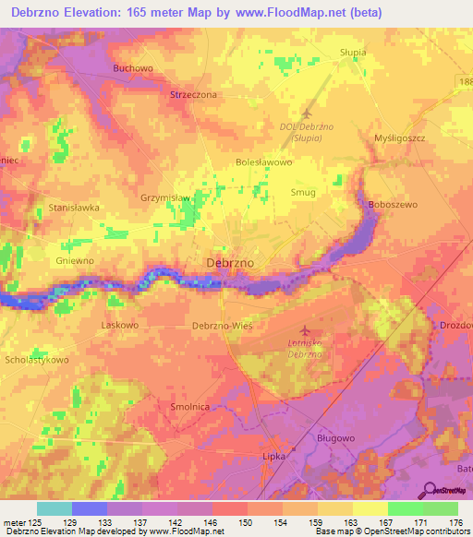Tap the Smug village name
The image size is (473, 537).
303,192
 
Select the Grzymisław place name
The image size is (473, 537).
165,197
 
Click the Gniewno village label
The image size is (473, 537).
75,261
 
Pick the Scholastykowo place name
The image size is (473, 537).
37,360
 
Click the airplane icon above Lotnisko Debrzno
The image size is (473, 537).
305,329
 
